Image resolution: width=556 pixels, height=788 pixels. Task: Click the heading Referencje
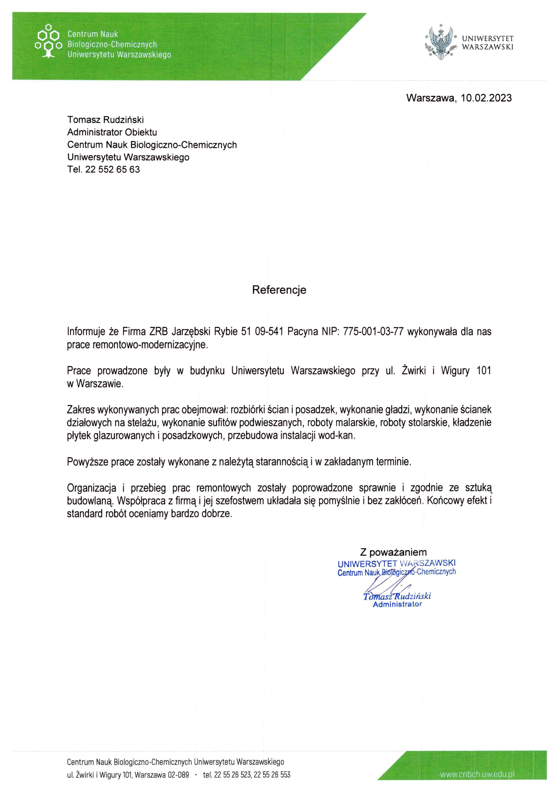point(279,290)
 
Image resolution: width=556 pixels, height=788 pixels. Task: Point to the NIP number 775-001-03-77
point(373,332)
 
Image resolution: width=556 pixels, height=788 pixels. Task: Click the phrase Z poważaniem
point(393,552)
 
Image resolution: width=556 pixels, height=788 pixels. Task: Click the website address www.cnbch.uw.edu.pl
point(477,774)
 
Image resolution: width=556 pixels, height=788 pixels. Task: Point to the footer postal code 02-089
point(178,775)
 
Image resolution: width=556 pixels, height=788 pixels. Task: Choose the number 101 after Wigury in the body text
point(484,371)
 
